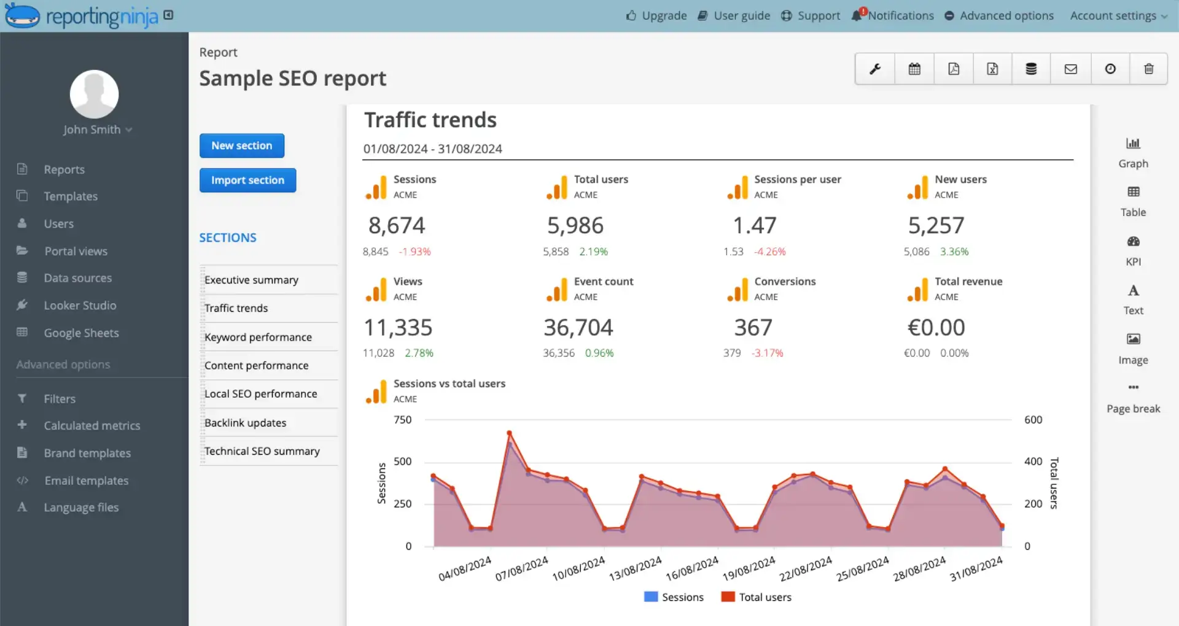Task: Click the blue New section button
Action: (x=241, y=145)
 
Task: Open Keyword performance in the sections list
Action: (x=258, y=337)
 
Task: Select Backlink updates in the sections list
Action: (x=245, y=422)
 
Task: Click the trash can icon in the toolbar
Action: (x=1148, y=69)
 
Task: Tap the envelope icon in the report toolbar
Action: (x=1070, y=69)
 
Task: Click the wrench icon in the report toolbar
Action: (x=875, y=69)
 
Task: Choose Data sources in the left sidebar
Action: (x=77, y=278)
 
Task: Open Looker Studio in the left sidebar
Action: (x=80, y=305)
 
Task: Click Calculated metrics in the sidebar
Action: (x=91, y=425)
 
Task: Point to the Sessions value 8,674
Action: (x=397, y=225)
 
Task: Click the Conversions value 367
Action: (x=753, y=327)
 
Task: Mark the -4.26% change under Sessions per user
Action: (x=770, y=252)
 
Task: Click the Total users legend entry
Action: (x=756, y=597)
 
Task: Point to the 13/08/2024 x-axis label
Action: (x=635, y=569)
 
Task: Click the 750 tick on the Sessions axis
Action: (x=402, y=420)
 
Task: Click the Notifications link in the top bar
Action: (x=900, y=15)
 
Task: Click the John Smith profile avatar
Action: (x=94, y=94)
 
